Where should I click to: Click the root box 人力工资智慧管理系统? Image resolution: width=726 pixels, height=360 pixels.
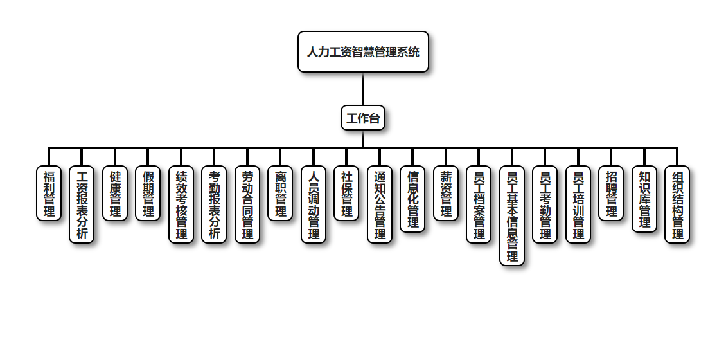(x=363, y=51)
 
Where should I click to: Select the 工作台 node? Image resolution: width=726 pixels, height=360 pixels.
(x=363, y=118)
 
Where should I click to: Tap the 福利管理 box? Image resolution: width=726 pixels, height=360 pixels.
(x=49, y=194)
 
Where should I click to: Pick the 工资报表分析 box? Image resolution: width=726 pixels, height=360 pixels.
(x=82, y=204)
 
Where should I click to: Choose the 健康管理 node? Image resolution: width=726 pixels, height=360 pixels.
(x=115, y=194)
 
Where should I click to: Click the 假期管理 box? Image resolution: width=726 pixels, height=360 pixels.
(x=148, y=194)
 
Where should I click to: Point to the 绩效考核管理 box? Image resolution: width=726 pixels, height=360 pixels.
(x=181, y=204)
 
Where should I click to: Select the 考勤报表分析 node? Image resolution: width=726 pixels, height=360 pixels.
(x=214, y=204)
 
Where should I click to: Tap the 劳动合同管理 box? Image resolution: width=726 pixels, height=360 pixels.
(x=247, y=204)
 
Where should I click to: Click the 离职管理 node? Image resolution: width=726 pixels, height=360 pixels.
(x=280, y=194)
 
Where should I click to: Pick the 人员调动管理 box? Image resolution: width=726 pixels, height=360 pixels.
(x=314, y=204)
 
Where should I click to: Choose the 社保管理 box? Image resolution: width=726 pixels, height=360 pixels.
(x=346, y=194)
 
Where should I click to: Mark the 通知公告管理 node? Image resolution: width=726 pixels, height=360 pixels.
(x=380, y=204)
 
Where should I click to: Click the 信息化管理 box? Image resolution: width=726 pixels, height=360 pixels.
(x=412, y=199)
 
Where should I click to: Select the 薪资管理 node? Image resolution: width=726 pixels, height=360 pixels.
(x=446, y=194)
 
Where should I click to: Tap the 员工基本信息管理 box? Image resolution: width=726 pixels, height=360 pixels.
(x=512, y=215)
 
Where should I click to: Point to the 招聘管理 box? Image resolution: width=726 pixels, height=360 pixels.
(x=611, y=194)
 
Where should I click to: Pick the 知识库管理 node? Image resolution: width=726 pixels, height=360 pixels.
(x=644, y=199)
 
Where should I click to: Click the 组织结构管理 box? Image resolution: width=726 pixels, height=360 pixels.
(x=677, y=204)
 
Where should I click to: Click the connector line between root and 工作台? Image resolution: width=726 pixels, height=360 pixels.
(x=363, y=89)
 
